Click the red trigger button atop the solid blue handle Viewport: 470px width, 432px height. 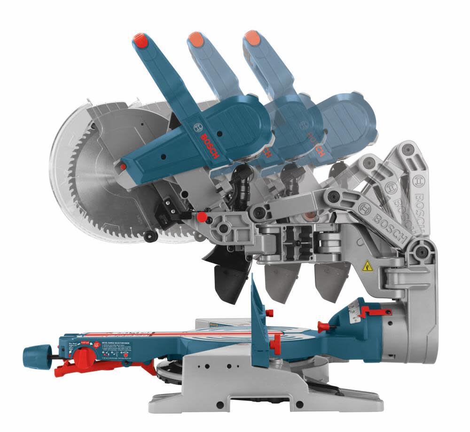141,41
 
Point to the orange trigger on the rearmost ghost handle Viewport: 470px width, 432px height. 252,38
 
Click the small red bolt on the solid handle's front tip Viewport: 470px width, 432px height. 123,167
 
